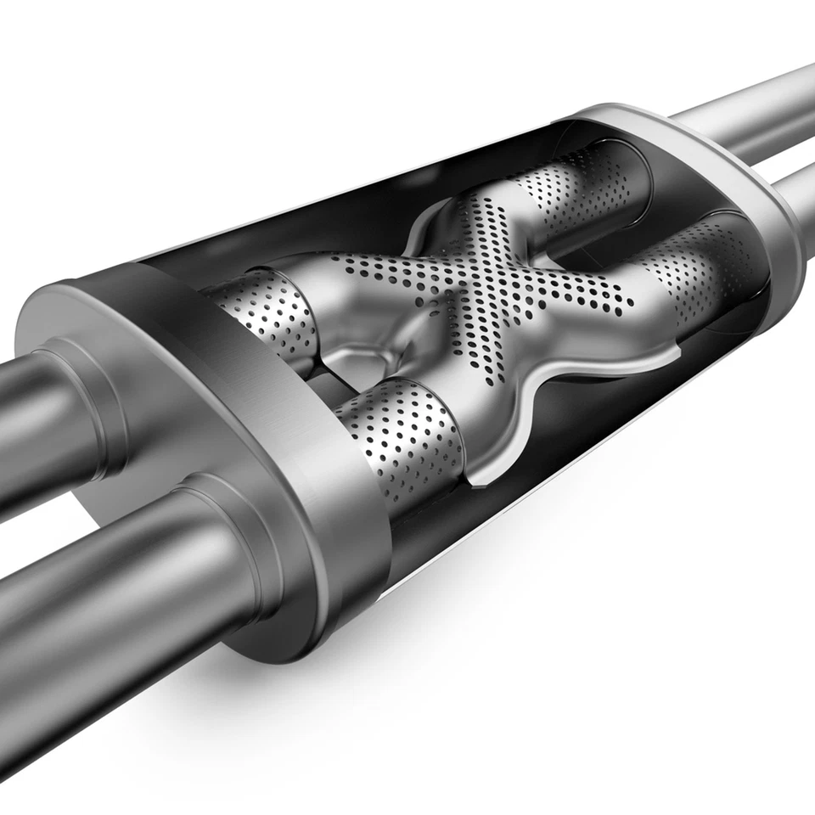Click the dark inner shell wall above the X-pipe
(x=340, y=212)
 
